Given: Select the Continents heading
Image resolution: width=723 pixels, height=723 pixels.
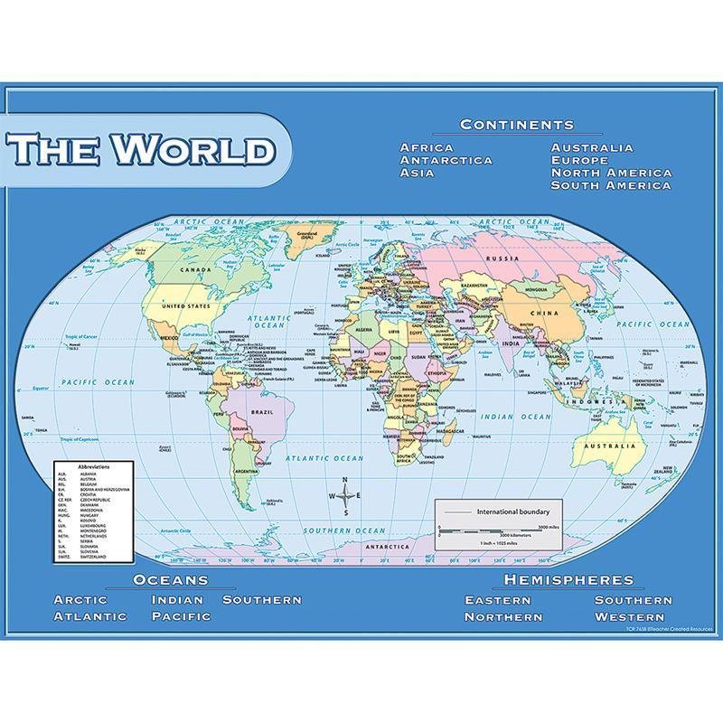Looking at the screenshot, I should pyautogui.click(x=516, y=125).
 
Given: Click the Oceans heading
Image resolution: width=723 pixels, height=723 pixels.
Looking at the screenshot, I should pyautogui.click(x=170, y=580).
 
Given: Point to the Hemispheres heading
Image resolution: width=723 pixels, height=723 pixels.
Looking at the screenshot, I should pyautogui.click(x=568, y=580).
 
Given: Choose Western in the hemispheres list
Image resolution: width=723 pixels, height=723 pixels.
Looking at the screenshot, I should pyautogui.click(x=634, y=616).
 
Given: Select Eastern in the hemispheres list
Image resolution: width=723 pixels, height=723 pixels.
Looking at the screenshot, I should pyautogui.click(x=499, y=600).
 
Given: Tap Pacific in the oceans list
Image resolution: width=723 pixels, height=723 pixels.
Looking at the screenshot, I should pyautogui.click(x=181, y=616).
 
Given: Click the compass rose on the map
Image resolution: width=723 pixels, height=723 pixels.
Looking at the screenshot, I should pyautogui.click(x=346, y=496).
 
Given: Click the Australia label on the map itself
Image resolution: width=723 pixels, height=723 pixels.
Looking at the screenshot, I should pyautogui.click(x=609, y=445).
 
